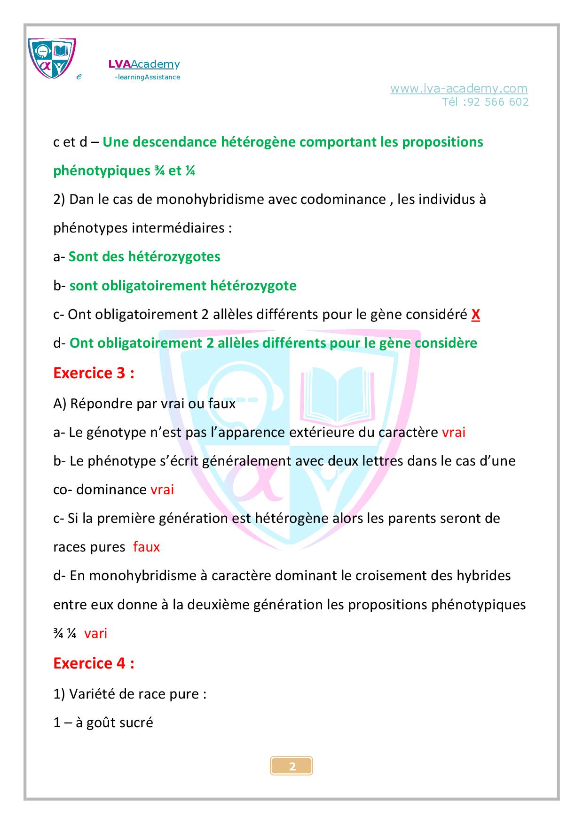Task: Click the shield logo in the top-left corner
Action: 52,58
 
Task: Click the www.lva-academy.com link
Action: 458,88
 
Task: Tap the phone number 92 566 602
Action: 498,102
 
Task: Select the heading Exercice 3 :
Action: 94,373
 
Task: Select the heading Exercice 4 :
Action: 94,663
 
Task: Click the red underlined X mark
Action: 475,314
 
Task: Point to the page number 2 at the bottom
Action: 292,767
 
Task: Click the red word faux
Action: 146,547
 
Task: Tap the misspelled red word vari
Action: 95,633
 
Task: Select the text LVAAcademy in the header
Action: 144,64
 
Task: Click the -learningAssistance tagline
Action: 147,77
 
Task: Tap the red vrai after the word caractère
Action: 454,432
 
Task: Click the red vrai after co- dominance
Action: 162,490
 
